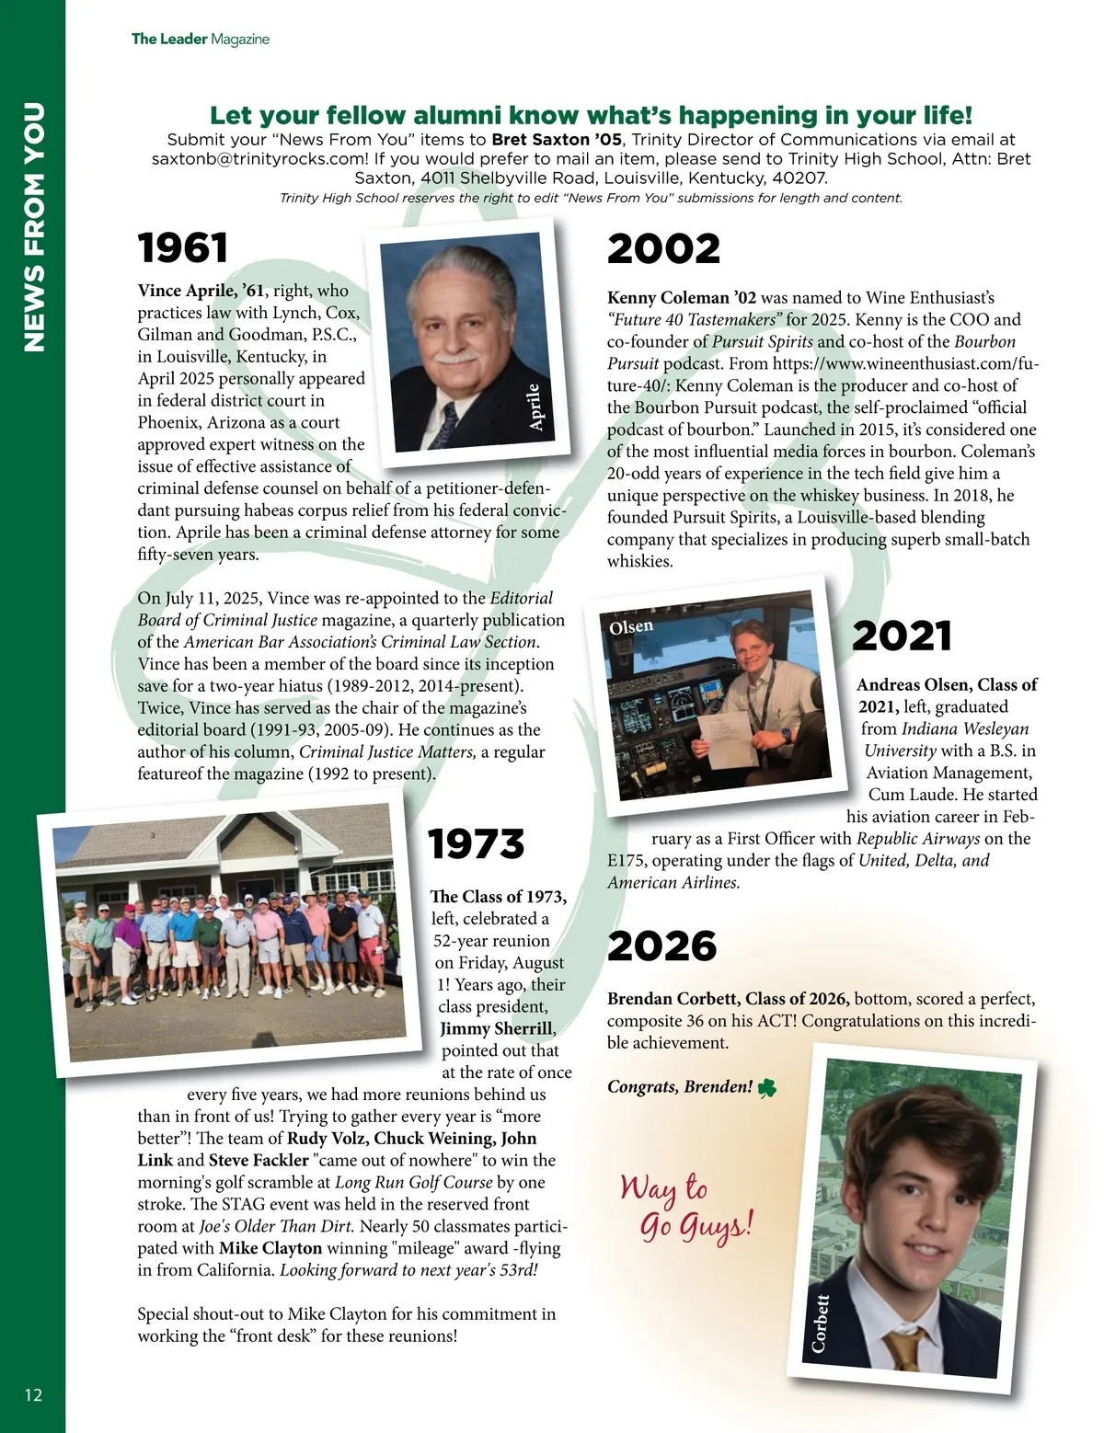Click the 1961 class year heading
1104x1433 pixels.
tap(183, 248)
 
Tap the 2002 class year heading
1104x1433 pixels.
tap(663, 249)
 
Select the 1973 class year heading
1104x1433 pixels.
tap(476, 844)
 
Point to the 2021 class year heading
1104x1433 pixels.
tap(902, 636)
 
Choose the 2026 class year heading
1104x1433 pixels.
tap(661, 946)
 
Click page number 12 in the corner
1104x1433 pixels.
tap(33, 1394)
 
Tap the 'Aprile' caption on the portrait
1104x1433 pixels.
tap(535, 407)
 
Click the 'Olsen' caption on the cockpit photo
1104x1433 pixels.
tap(631, 626)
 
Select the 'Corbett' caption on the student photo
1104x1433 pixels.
tap(820, 1323)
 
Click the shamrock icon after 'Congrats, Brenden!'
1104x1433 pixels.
tap(766, 1088)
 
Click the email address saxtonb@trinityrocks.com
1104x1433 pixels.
tap(260, 158)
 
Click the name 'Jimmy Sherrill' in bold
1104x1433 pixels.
tap(497, 1028)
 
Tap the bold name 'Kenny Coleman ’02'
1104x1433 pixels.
tap(682, 298)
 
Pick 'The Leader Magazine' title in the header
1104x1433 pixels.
tap(201, 39)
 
